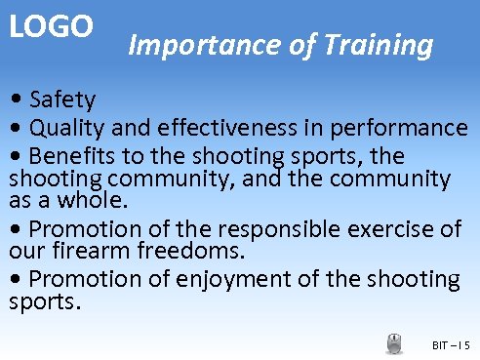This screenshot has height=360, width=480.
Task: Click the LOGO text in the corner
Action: (x=51, y=26)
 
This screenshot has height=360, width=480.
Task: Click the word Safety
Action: (x=62, y=100)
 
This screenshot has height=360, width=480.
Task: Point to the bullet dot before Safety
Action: (x=17, y=100)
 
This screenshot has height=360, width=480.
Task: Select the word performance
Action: (x=400, y=128)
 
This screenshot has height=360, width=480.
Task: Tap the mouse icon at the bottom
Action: (x=394, y=343)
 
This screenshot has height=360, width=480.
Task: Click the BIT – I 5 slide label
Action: (x=450, y=345)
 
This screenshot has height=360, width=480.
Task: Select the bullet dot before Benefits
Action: (x=17, y=157)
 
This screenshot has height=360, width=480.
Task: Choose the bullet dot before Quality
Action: (x=17, y=129)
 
